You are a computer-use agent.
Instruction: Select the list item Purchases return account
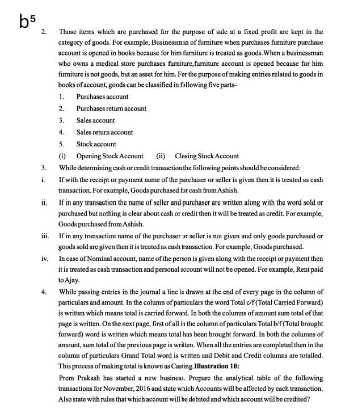point(111,108)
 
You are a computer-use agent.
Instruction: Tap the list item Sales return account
point(104,132)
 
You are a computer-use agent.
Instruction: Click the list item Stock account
point(96,144)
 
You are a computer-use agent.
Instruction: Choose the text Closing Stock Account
point(207,156)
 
